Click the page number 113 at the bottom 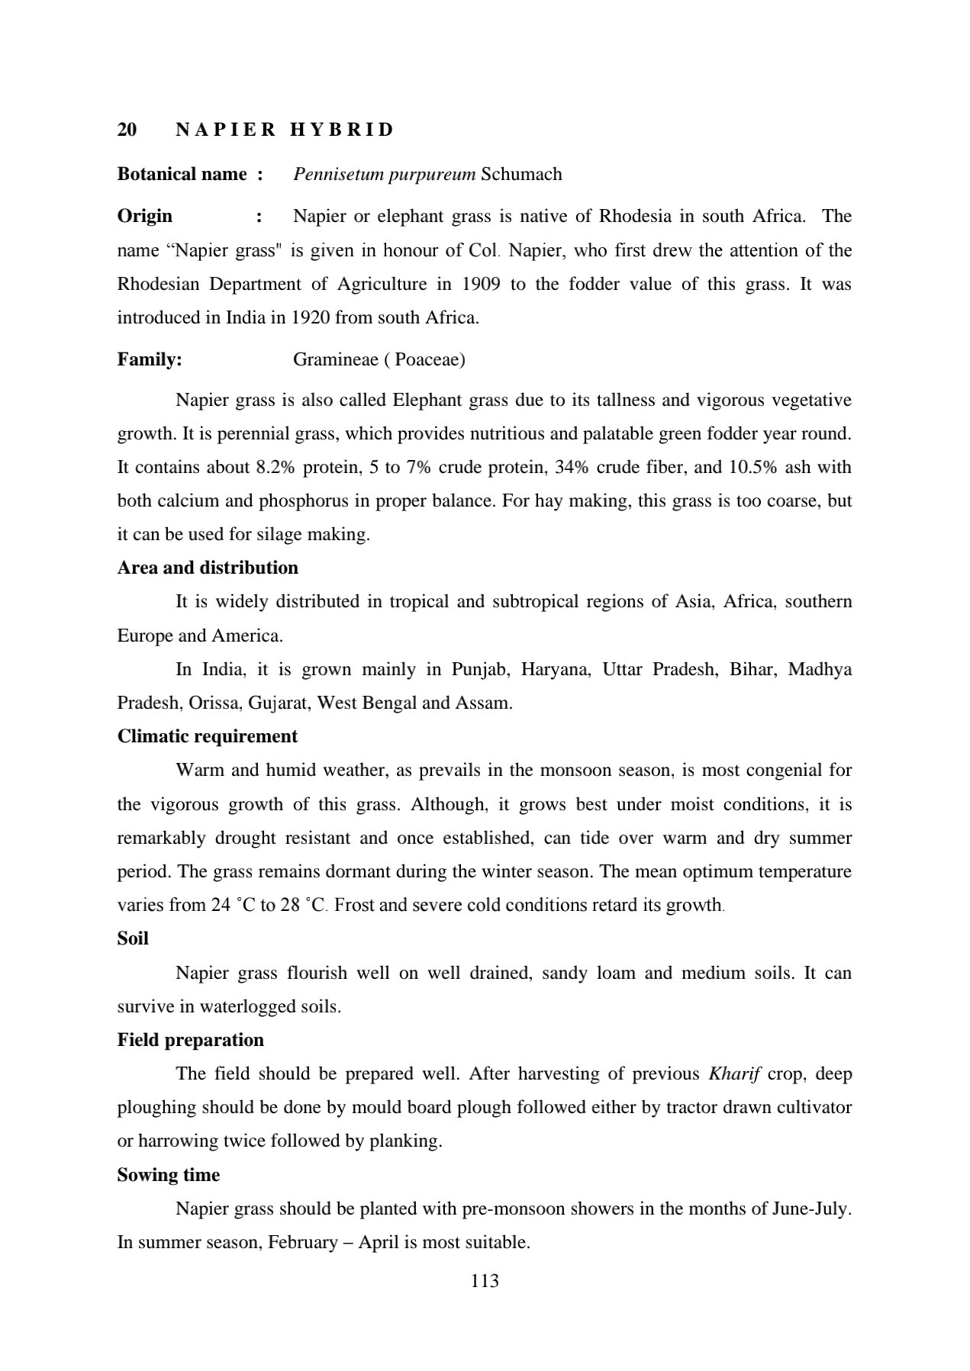tap(485, 1281)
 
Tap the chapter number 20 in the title tap(127, 130)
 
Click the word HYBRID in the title tap(342, 130)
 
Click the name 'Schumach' tap(522, 174)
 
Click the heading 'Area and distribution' tap(208, 568)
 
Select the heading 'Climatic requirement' tap(208, 737)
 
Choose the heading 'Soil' tap(133, 939)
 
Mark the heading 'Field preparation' tap(191, 1041)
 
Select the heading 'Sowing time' tap(169, 1176)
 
